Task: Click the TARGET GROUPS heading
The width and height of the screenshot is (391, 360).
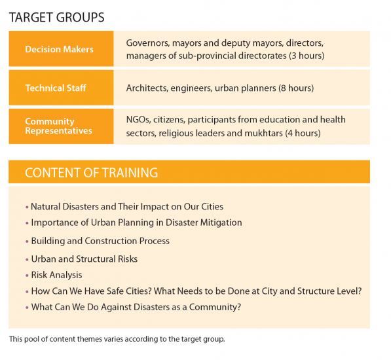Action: pyautogui.click(x=56, y=18)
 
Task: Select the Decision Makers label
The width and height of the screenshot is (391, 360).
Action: pyautogui.click(x=59, y=49)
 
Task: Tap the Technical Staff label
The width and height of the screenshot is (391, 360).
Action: pyautogui.click(x=56, y=88)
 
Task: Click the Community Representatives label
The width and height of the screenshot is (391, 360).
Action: pyautogui.click(x=58, y=126)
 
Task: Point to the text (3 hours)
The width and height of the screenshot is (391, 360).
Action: pyautogui.click(x=307, y=56)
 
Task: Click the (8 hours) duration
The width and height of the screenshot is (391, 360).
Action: pyautogui.click(x=296, y=88)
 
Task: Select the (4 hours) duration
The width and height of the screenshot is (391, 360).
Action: pyautogui.click(x=303, y=134)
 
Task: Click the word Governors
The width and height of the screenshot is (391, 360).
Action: pyautogui.click(x=148, y=43)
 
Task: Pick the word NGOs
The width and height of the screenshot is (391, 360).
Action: pyautogui.click(x=138, y=120)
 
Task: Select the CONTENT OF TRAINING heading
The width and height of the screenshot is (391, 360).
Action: pyautogui.click(x=92, y=172)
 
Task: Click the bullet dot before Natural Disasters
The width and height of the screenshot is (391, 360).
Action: pyautogui.click(x=27, y=207)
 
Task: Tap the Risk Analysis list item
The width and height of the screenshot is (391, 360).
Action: pyautogui.click(x=56, y=275)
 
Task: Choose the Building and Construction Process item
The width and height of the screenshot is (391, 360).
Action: pyautogui.click(x=100, y=241)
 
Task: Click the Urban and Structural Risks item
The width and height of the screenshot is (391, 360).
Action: pyautogui.click(x=84, y=259)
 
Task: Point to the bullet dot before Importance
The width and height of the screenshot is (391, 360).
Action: pyautogui.click(x=27, y=223)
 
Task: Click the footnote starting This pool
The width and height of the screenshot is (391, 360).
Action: pyautogui.click(x=117, y=339)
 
